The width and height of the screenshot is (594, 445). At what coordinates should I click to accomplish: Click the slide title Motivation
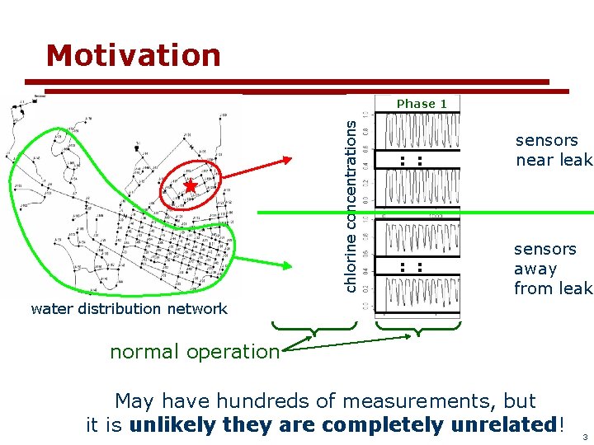[134, 55]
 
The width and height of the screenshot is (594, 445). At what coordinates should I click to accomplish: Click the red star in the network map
[191, 186]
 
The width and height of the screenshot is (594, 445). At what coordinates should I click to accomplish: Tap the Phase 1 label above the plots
[422, 104]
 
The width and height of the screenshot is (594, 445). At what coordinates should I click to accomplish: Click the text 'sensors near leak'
[552, 150]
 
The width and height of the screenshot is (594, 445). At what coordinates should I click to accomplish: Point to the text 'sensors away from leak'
[552, 269]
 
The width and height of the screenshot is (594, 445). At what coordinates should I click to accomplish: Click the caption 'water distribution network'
[129, 309]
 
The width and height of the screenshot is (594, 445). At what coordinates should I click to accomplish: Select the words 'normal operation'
[195, 351]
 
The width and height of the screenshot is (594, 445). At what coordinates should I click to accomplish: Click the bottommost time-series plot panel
[417, 294]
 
